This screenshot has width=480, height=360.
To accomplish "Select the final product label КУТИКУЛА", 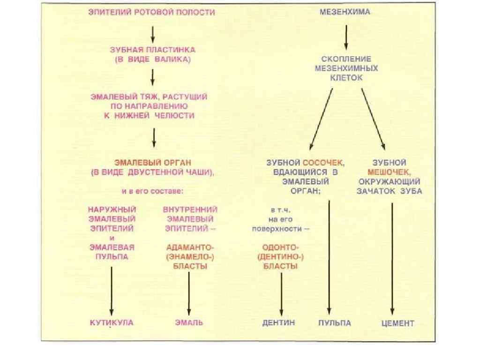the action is [112, 322].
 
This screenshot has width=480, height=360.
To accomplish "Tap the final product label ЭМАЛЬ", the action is [189, 322].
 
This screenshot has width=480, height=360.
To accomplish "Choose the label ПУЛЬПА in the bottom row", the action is [335, 323].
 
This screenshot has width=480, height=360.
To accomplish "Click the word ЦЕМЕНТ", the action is [398, 323].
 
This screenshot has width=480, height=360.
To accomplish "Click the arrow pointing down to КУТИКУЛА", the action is [112, 291].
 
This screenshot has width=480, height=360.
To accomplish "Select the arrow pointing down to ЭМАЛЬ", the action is [189, 293].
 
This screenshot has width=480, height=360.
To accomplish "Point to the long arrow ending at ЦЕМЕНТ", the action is [392, 258].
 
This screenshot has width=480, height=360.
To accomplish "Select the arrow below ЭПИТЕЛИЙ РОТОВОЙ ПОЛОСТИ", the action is [152, 32].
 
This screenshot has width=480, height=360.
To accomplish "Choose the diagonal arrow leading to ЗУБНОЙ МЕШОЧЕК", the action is [373, 117].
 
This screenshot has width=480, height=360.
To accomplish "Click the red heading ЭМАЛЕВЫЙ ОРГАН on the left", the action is [152, 163].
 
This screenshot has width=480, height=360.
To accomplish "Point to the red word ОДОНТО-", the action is [281, 247].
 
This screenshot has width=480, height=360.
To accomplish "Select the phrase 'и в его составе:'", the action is [152, 191].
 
